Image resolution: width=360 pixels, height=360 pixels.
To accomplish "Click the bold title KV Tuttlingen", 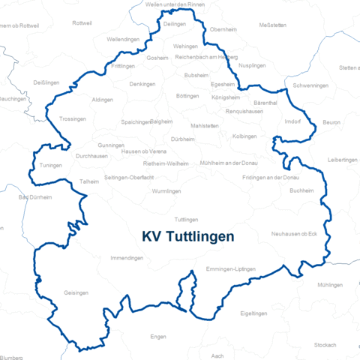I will click(187, 236).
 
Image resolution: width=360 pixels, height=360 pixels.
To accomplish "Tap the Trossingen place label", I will click(72, 119).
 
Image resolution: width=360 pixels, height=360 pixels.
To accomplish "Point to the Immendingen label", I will click(127, 257).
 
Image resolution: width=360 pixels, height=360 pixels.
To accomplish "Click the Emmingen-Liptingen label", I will click(231, 268).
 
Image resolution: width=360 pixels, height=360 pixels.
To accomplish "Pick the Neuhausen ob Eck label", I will click(295, 234).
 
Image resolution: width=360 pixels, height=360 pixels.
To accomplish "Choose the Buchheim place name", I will click(301, 190).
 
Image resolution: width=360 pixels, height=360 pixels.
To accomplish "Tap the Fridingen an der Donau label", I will click(271, 177).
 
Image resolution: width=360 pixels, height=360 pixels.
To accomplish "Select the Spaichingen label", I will click(136, 121).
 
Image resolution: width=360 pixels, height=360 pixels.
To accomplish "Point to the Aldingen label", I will click(102, 100).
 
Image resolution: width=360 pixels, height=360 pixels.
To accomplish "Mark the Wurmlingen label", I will click(166, 191).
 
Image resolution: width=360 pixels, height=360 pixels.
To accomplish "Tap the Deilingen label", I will click(174, 24).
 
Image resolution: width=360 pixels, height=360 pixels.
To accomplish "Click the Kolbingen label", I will click(244, 136).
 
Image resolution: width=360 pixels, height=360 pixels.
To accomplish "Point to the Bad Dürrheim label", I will click(34, 198).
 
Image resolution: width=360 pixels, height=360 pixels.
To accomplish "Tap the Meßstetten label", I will click(272, 25).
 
